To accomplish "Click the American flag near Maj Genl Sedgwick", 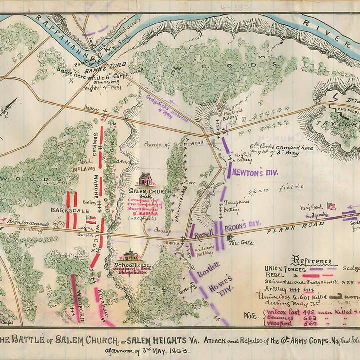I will click(x=331, y=206).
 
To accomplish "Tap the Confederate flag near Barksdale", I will click(x=90, y=219).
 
